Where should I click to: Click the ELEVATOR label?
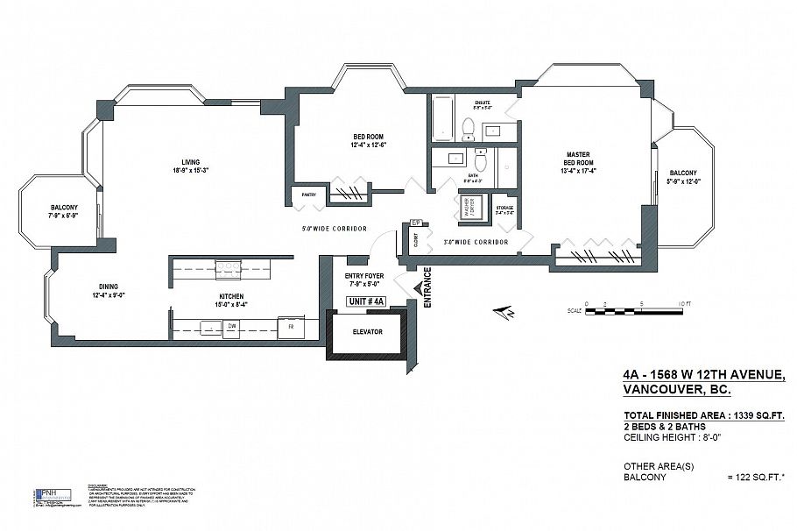pos(368,332)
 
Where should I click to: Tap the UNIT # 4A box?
pos(369,301)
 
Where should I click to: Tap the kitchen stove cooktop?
pos(229,269)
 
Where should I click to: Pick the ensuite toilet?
pos(469,130)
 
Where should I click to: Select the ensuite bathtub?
pos(443,118)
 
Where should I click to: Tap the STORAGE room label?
pos(504,209)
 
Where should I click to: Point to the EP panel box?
pos(416,223)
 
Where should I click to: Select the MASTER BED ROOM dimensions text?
pos(578,171)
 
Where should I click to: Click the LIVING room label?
pos(191,162)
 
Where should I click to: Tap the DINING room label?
pos(109,287)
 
